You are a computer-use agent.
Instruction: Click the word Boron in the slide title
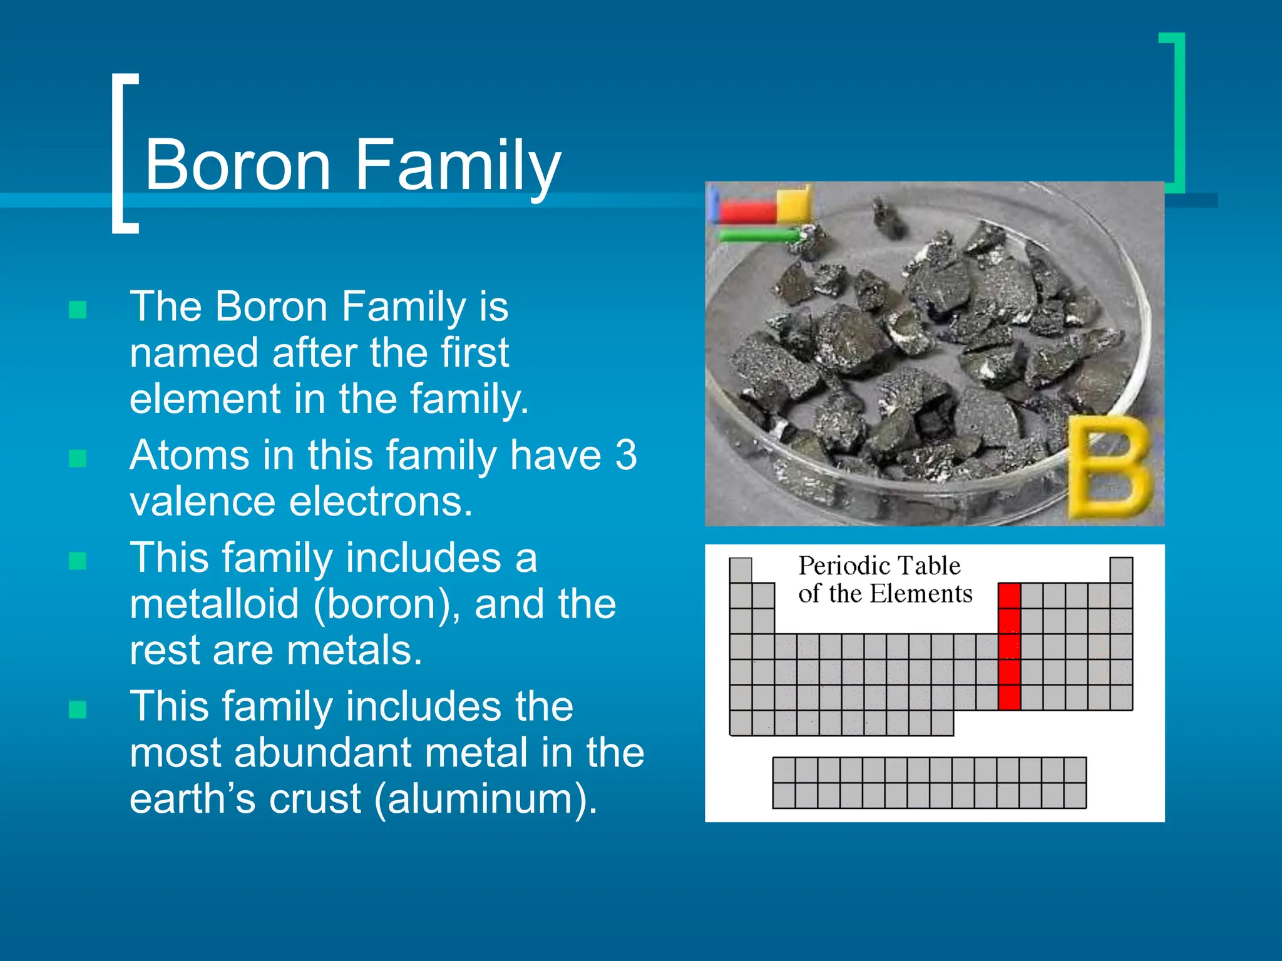(237, 165)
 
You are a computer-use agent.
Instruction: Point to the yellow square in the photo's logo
(794, 204)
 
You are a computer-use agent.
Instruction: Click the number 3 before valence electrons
(625, 455)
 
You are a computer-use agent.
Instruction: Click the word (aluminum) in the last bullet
(485, 799)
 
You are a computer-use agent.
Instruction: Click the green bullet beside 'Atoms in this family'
(78, 459)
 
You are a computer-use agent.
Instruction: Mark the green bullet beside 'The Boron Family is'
(78, 310)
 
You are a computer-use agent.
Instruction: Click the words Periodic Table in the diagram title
(879, 566)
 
